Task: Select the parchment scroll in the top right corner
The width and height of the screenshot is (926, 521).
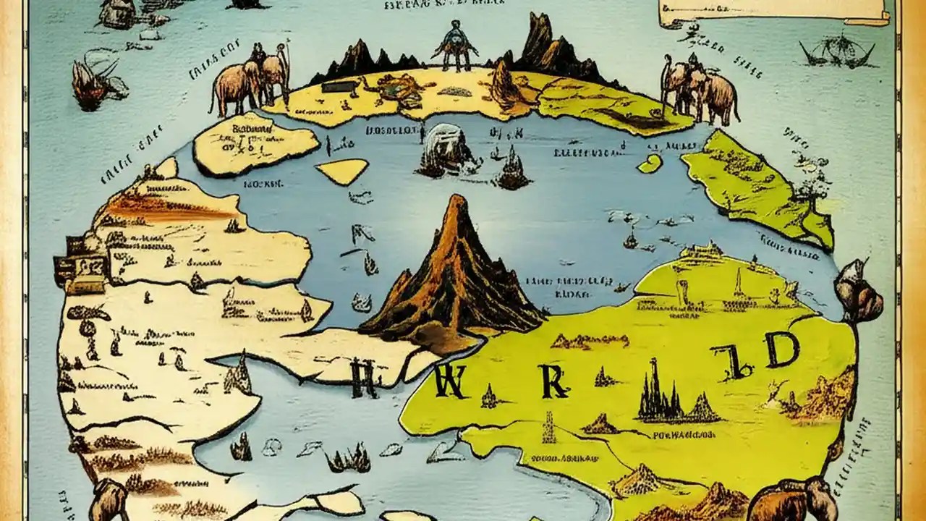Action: [774, 11]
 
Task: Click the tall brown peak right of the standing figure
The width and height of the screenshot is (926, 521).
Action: [550, 43]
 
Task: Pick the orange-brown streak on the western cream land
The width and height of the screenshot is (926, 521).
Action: [163, 208]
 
